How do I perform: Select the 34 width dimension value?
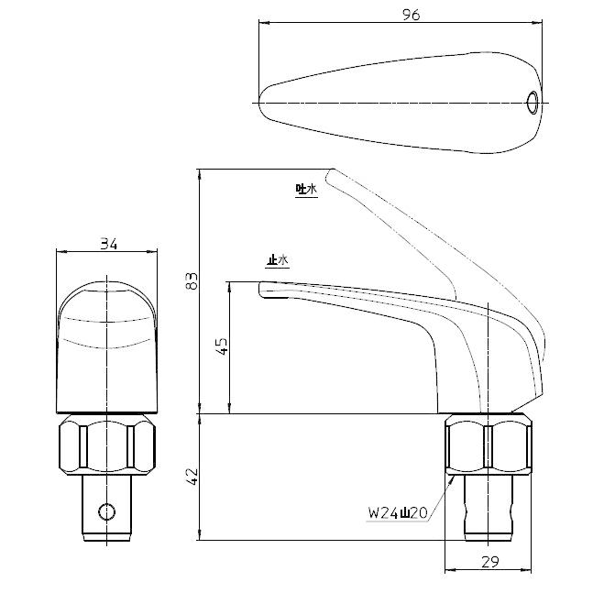pos(109,244)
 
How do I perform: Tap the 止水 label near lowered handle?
pos(276,260)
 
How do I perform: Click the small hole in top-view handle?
pos(533,102)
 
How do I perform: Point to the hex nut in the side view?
pos(489,442)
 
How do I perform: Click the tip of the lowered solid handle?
pos(263,289)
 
